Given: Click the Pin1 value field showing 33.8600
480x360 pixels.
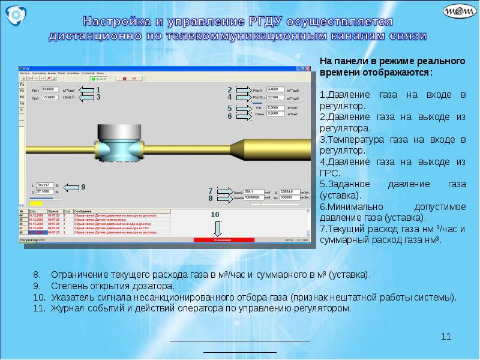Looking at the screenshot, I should (50, 89).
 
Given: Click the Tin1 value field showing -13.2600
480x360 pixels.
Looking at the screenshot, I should (50, 97).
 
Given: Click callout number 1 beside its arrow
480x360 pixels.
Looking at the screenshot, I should (98, 89).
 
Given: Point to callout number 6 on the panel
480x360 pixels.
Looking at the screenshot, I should (229, 116).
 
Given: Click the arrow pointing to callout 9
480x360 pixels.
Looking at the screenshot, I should (71, 188).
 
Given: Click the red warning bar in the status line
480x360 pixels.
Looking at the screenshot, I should (221, 240).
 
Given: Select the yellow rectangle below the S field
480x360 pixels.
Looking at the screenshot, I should (31, 203).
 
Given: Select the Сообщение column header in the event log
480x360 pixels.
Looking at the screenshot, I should (84, 212).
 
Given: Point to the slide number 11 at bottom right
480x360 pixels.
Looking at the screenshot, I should (446, 337).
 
